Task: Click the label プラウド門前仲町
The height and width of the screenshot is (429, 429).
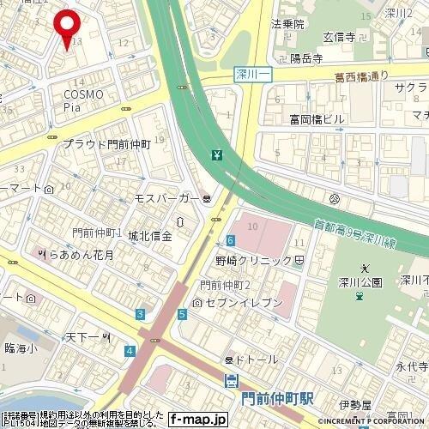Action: pyautogui.click(x=106, y=145)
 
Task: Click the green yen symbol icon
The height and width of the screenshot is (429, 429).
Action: pyautogui.click(x=217, y=155)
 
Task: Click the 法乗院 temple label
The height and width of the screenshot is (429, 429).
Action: pyautogui.click(x=287, y=24)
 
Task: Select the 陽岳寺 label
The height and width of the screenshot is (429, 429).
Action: pyautogui.click(x=305, y=59)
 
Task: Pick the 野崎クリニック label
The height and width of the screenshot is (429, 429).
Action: pyautogui.click(x=254, y=260)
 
